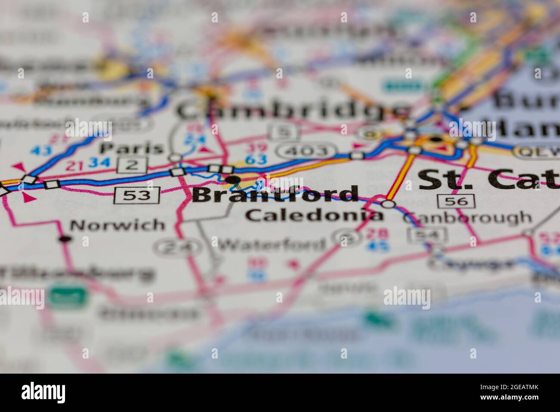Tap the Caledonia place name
(x=314, y=215)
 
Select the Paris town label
(x=132, y=148)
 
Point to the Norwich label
(x=112, y=225)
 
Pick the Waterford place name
(x=272, y=245)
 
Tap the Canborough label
(x=467, y=218)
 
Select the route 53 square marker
(x=137, y=195)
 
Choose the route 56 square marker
(x=456, y=200)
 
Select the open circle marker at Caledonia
(x=389, y=204)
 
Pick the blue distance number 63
(x=255, y=160)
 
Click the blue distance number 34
(x=98, y=163)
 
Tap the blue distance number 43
(x=41, y=150)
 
